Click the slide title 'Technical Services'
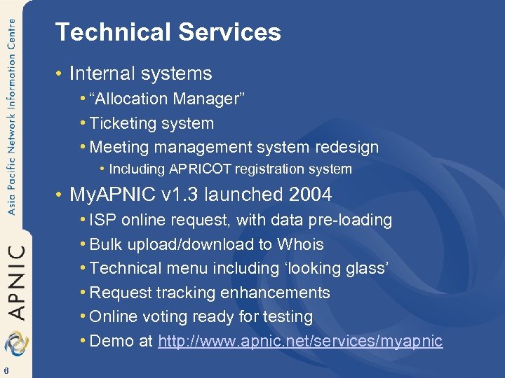coord(168,32)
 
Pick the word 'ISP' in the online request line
coord(104,220)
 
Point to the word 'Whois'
coord(300,244)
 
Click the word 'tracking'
coord(185,293)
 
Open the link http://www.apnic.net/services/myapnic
coord(300,341)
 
